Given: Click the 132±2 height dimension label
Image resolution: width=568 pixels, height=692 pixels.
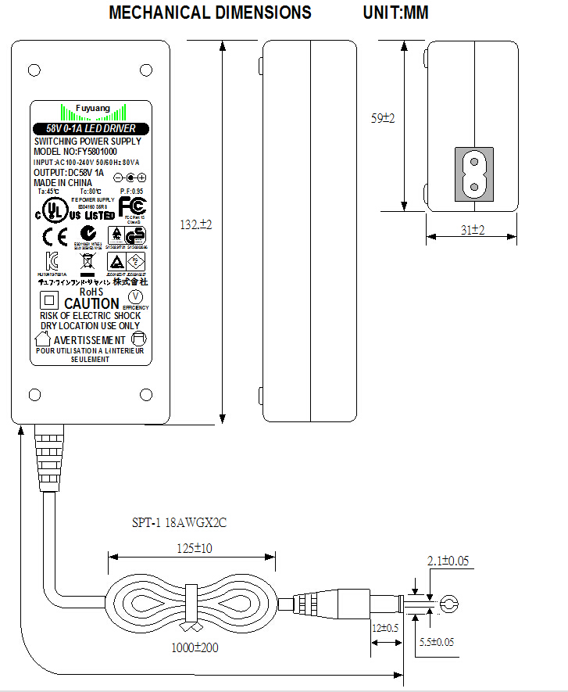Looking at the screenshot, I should click(x=196, y=224).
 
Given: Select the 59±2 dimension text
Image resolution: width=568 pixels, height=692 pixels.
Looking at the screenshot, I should click(x=382, y=118).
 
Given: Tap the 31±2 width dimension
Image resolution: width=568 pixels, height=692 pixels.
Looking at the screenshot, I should click(x=473, y=230).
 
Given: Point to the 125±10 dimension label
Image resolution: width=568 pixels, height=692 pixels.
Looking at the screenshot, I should click(x=193, y=548).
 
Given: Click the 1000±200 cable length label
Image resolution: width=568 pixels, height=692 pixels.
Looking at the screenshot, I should click(x=195, y=648).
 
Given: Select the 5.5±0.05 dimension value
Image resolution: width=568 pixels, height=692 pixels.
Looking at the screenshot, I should click(x=436, y=642).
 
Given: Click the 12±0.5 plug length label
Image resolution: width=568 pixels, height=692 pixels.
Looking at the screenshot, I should click(x=385, y=629).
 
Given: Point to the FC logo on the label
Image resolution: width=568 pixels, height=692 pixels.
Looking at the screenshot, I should click(x=132, y=206).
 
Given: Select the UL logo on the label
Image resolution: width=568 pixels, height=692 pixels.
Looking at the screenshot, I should click(x=53, y=209).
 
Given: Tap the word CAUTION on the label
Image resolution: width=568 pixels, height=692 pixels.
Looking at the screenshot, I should click(x=91, y=303).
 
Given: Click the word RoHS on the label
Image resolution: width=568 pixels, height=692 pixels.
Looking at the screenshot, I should click(x=91, y=292).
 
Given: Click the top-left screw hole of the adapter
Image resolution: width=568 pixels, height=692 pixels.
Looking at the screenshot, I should click(x=34, y=70).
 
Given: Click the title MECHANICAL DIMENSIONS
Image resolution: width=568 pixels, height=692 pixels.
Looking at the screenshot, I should click(x=210, y=13).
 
